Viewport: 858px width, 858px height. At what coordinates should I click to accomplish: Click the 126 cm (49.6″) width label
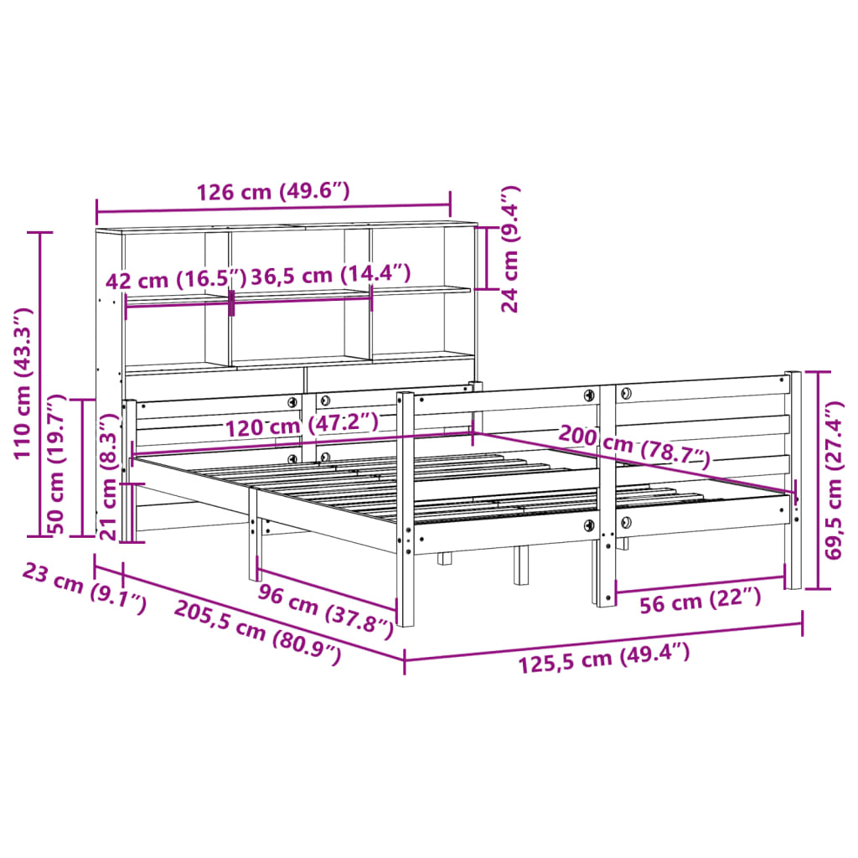[x=272, y=192]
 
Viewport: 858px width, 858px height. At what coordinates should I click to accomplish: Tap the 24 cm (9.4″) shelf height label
[x=510, y=249]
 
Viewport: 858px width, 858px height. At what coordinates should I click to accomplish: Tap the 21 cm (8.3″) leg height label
[x=108, y=478]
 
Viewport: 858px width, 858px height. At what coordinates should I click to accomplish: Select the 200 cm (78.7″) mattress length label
[x=633, y=446]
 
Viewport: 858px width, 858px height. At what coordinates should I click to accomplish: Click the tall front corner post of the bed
[x=406, y=511]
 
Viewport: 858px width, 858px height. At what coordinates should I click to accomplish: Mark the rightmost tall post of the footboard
[x=793, y=478]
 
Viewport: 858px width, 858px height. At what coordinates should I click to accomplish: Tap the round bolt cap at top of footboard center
[x=589, y=395]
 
